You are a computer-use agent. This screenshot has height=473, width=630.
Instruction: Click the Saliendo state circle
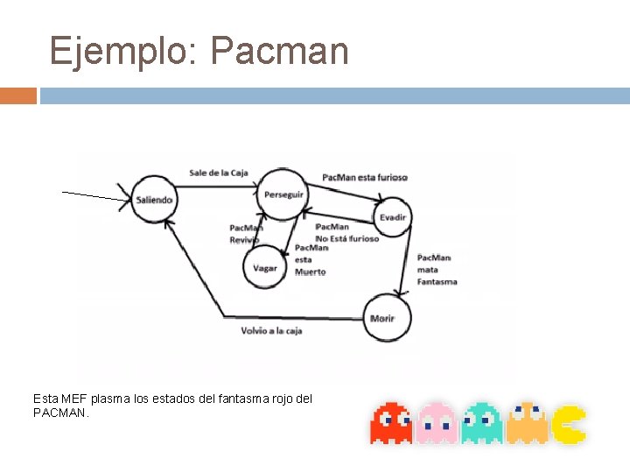(x=154, y=200)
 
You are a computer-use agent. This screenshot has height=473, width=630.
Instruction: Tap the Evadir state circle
(x=392, y=217)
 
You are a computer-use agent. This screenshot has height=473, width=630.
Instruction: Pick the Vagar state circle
(x=264, y=268)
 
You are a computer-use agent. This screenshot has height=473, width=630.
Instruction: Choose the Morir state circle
(x=386, y=317)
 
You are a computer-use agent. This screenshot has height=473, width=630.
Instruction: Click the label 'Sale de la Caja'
(x=219, y=173)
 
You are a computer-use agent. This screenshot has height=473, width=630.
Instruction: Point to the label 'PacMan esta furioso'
(x=365, y=177)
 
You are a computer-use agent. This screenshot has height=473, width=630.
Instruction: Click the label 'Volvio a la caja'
(x=272, y=331)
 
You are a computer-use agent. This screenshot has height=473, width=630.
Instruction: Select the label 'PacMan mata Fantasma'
(x=436, y=270)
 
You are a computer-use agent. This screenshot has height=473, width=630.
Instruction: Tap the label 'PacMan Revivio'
(x=246, y=234)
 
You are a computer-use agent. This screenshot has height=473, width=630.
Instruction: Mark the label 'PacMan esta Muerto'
(x=311, y=259)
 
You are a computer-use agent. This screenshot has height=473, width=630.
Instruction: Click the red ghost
(x=390, y=422)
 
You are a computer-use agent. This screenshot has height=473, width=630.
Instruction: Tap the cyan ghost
(x=481, y=422)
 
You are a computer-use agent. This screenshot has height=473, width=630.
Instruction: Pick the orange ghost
(x=527, y=422)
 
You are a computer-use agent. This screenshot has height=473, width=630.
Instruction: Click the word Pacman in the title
(x=280, y=52)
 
